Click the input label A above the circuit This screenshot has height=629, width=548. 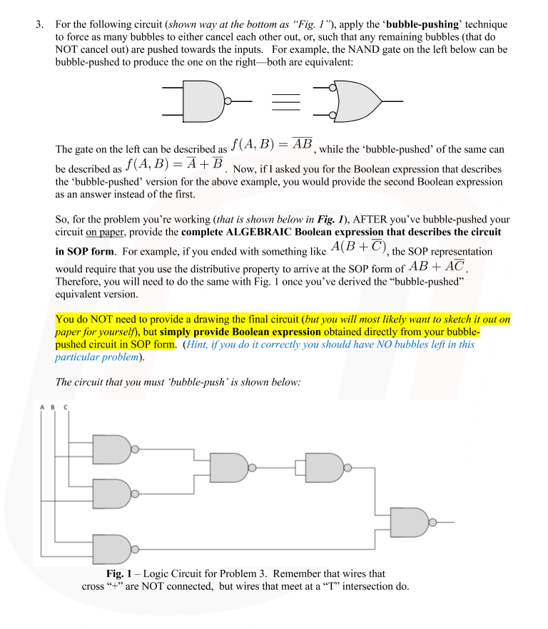42,407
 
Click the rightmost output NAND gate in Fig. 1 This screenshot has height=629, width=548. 410,523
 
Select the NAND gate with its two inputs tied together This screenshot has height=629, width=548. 324,467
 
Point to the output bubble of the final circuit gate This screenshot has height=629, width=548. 432,523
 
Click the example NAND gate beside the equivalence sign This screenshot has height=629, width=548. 203,101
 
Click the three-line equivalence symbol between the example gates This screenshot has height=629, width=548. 285,102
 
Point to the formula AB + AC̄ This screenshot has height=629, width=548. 437,266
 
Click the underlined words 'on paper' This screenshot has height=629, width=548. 106,233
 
